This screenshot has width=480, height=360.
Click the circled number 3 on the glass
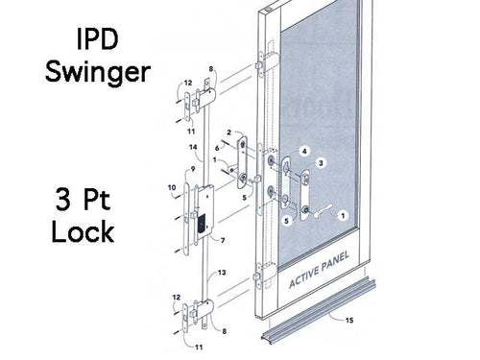point(323,164)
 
